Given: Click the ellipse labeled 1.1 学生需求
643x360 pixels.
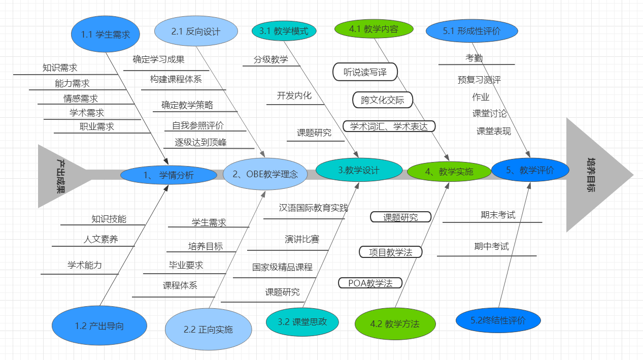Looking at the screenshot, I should [106, 35].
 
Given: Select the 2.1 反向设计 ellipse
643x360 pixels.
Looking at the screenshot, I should [196, 31].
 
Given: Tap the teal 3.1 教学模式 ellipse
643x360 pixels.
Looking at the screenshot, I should [284, 31].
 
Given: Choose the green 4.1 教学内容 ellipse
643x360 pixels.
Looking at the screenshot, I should [374, 29].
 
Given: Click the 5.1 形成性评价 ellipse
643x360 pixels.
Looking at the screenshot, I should [471, 31].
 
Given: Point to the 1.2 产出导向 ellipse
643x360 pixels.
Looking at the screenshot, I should [99, 326].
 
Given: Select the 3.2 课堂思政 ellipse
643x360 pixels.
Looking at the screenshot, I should [302, 321].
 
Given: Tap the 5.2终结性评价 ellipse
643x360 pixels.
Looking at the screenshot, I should [498, 320].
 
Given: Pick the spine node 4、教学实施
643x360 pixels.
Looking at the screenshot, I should [449, 172].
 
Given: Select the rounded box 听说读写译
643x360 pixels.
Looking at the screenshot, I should [365, 72].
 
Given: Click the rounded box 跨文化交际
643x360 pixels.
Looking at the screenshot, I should [383, 100].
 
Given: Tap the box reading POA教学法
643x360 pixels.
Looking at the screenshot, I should [370, 283].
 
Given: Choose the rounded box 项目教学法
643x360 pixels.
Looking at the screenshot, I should [391, 252].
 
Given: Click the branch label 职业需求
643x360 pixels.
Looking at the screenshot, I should [97, 126].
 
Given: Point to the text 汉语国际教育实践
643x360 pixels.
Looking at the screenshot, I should [314, 208].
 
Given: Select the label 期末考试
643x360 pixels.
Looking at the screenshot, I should [498, 215].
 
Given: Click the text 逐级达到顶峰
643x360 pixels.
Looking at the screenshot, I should [201, 142].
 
